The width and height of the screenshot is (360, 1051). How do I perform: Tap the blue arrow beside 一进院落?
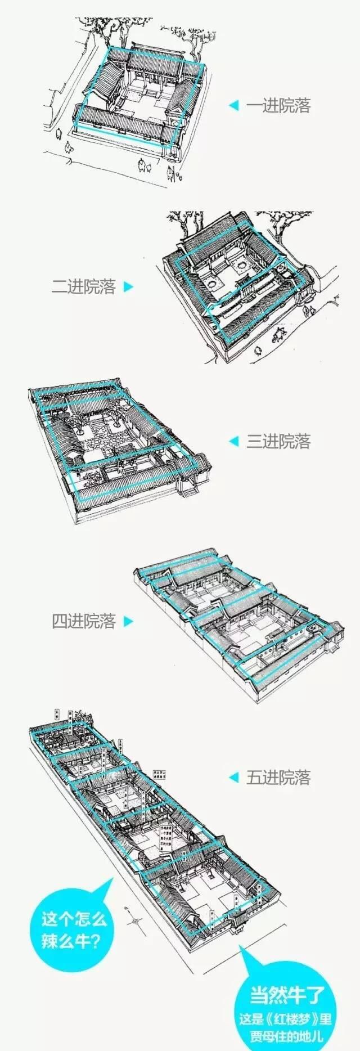[233, 106]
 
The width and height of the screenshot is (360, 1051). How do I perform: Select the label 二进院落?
[83, 287]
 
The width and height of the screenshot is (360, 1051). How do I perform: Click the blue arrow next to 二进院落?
[129, 287]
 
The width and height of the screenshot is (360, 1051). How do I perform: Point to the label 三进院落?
[278, 441]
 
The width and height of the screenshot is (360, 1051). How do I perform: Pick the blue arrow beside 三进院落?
[233, 441]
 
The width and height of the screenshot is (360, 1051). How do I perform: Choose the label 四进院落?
[83, 621]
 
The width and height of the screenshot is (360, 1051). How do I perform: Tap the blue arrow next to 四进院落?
[129, 622]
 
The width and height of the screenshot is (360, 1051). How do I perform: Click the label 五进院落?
[278, 778]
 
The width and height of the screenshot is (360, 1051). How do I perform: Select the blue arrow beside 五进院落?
[233, 778]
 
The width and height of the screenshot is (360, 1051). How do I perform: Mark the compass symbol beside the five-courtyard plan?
[135, 921]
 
